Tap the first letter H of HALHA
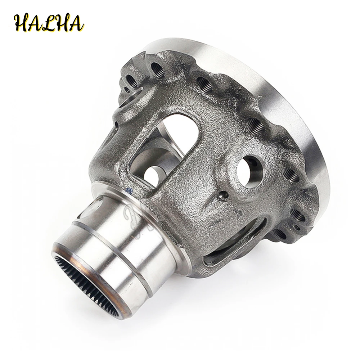pyautogui.click(x=22, y=22)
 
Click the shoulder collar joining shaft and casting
pyautogui.click(x=158, y=220)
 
